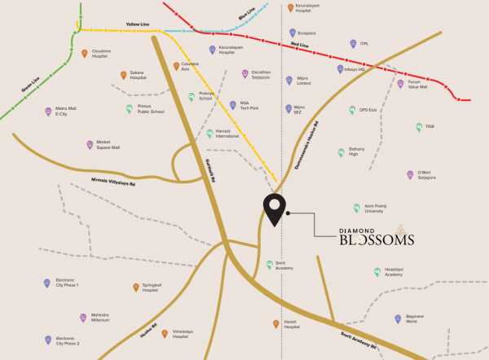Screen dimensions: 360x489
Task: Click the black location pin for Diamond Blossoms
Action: (274, 209)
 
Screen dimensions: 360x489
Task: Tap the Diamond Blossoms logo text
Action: (376, 236)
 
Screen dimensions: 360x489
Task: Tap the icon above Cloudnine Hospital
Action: (85, 53)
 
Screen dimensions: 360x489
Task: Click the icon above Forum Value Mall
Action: (400, 83)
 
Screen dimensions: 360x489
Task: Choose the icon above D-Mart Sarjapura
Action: (410, 174)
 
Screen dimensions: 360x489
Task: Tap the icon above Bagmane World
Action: (398, 318)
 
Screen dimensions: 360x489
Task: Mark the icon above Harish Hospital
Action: (275, 324)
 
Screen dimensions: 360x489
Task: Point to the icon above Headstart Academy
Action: (377, 271)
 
